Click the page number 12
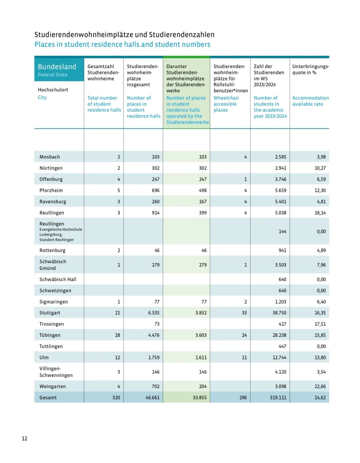[x=24, y=438]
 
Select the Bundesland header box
[x=59, y=70]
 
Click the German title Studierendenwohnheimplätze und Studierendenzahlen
[x=124, y=35]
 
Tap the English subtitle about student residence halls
[x=122, y=44]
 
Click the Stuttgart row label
[x=50, y=313]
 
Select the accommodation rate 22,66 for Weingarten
[x=320, y=386]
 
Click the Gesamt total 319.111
[x=278, y=398]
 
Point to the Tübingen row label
[x=50, y=335]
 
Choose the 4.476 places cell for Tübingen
[x=154, y=335]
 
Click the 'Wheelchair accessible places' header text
[x=226, y=104]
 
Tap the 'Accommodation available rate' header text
[x=310, y=101]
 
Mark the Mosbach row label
[x=50, y=157]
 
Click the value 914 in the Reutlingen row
[x=156, y=213]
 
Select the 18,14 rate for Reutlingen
[x=320, y=213]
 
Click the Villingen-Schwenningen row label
[x=56, y=372]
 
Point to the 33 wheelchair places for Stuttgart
[x=244, y=313]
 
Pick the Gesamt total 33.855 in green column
[x=200, y=398]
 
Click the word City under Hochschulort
[x=42, y=97]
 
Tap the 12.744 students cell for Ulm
[x=279, y=358]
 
